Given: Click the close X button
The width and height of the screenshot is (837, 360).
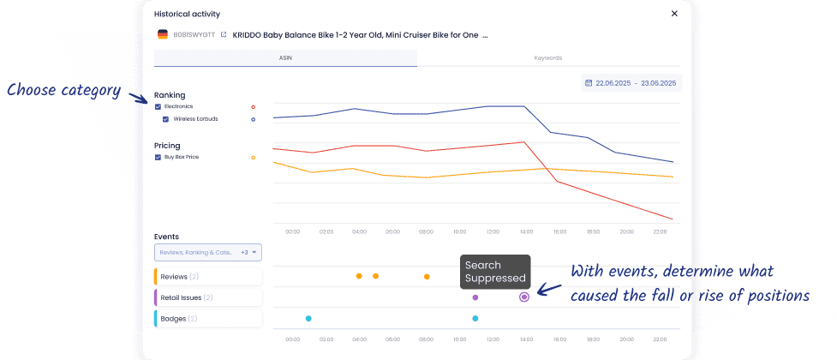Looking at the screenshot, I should coord(674,14).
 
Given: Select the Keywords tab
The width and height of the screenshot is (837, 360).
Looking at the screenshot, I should coord(548,58).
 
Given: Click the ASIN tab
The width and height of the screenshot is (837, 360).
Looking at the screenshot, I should coord(285,58).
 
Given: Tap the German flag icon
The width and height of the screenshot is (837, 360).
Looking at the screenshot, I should coord(163,35).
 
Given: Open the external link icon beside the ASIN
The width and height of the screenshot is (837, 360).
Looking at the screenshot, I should coord(224,35).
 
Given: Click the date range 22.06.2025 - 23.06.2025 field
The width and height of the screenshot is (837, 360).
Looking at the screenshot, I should coord(631,83).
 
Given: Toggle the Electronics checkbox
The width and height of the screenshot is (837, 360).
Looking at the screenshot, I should coord(158,106).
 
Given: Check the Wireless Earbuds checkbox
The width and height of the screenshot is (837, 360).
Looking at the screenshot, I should coord(165,119).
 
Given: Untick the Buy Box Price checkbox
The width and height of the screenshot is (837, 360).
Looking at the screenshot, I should coord(158,158).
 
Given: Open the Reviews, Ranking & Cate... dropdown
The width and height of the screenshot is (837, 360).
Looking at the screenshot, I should coord(208,253).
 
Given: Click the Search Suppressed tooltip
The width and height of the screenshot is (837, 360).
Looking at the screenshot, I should coord(495,271).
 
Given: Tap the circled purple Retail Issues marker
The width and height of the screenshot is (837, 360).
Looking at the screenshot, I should coord(524,297).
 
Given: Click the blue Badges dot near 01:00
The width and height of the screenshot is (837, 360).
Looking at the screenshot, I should coord(308,318).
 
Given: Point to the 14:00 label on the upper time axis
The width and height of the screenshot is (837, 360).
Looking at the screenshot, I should coord(526,231).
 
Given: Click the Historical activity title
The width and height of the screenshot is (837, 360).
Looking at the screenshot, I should coord(187,14).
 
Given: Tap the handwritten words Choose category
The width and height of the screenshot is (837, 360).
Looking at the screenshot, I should coord(63,89).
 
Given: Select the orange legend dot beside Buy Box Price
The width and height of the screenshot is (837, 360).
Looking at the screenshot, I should coord(253,158).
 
